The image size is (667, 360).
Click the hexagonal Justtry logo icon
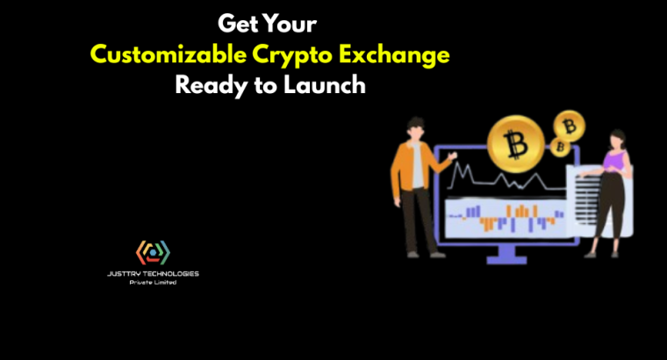(154, 253)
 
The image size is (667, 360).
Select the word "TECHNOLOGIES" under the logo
(170, 273)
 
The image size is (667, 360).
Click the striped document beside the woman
(585, 198)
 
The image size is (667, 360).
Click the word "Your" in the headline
(289, 24)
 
